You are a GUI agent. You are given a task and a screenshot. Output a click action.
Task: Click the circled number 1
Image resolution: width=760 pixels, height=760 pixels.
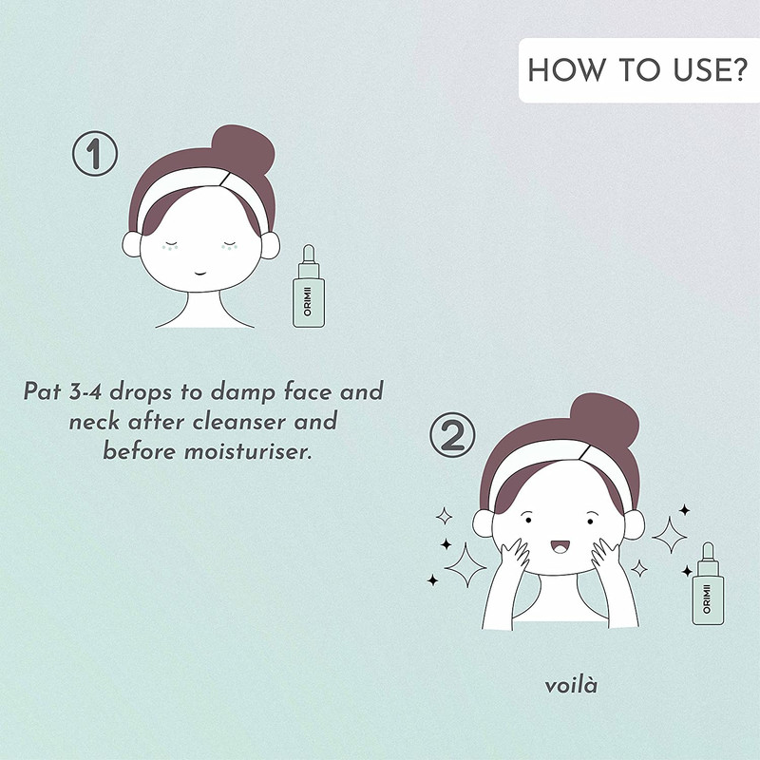pos(94,154)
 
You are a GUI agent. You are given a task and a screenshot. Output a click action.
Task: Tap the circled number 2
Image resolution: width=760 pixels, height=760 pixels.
pos(453,435)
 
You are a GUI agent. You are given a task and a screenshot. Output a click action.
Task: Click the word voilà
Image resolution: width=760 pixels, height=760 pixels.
pos(571,685)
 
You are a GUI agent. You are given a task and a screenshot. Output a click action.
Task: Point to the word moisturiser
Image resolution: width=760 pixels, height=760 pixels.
pos(247,452)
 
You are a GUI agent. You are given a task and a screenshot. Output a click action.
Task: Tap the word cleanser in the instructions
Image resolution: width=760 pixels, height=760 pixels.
pos(240,422)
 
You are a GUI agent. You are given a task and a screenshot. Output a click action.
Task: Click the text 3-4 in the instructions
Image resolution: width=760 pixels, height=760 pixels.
pos(85,391)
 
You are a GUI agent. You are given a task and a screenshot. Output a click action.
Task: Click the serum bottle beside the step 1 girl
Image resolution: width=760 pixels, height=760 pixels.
pos(309,287)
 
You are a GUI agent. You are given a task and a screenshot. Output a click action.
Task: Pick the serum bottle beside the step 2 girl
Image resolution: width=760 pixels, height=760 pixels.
pos(708,583)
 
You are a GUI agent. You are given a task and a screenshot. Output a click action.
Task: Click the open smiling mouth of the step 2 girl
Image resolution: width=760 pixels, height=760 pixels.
pos(560,546)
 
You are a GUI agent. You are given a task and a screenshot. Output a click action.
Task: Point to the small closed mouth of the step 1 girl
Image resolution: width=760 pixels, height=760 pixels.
pos(200,274)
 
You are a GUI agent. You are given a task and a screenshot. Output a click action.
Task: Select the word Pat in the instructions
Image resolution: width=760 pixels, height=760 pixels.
pos(42,391)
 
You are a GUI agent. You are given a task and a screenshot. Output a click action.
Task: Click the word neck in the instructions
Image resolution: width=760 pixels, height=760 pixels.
pos(94,422)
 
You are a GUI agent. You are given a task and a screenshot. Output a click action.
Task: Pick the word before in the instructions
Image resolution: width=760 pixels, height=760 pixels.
pos(139,452)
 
